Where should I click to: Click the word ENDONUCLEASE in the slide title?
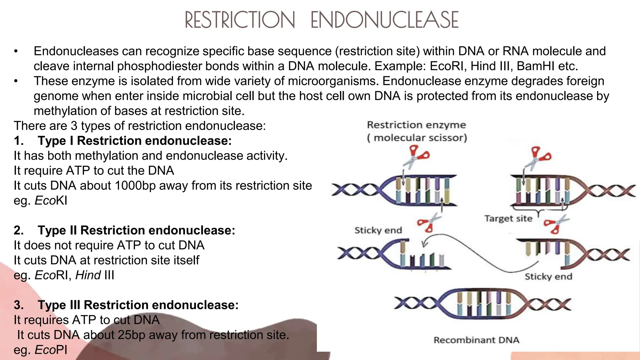tap(384, 20)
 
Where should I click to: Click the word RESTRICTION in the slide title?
tap(240, 20)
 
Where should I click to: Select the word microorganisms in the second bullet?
tap(333, 81)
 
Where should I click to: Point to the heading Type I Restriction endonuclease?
tap(135, 141)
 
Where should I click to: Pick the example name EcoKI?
tap(51, 201)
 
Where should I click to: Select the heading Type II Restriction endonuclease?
tap(136, 231)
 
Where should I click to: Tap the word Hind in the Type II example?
tap(88, 275)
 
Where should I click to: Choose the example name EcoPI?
tap(51, 350)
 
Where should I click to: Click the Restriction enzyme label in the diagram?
tap(416, 125)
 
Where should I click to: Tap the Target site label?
tap(508, 218)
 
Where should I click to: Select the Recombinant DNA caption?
tap(476, 340)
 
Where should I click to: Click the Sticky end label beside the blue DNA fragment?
tap(378, 230)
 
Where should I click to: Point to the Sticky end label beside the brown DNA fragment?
tap(548, 277)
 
